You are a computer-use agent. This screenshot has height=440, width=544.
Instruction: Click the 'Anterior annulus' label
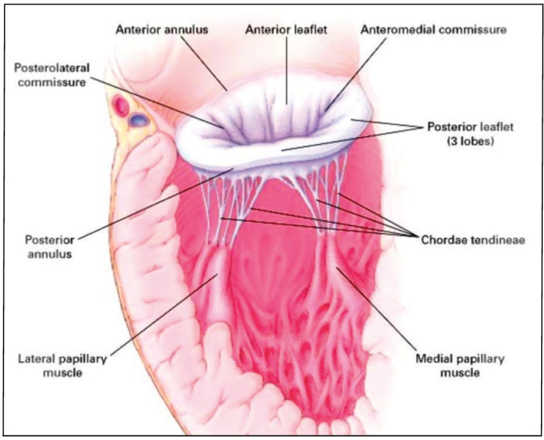click(x=162, y=30)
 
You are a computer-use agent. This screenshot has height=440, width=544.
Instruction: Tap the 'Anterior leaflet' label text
click(x=286, y=30)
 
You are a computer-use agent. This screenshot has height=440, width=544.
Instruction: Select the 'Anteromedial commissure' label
click(x=433, y=30)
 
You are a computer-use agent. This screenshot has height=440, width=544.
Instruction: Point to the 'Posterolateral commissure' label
click(x=52, y=75)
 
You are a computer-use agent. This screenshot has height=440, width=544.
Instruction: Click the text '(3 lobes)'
click(x=470, y=141)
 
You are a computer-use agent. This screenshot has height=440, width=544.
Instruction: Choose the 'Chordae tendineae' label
click(x=473, y=240)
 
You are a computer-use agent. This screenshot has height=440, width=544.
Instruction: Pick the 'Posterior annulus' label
click(x=50, y=246)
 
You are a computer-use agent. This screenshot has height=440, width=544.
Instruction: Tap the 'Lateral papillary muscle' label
click(x=62, y=365)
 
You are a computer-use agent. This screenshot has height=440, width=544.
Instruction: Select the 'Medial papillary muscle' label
click(x=460, y=365)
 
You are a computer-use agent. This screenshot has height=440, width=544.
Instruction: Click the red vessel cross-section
click(x=121, y=106)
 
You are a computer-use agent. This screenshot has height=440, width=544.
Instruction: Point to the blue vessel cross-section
click(x=139, y=120)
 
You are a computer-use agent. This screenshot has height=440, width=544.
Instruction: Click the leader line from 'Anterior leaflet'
click(x=287, y=71)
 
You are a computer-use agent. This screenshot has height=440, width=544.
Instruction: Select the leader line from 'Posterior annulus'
click(x=156, y=204)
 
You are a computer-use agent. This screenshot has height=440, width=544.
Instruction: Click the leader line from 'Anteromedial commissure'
click(x=355, y=74)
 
